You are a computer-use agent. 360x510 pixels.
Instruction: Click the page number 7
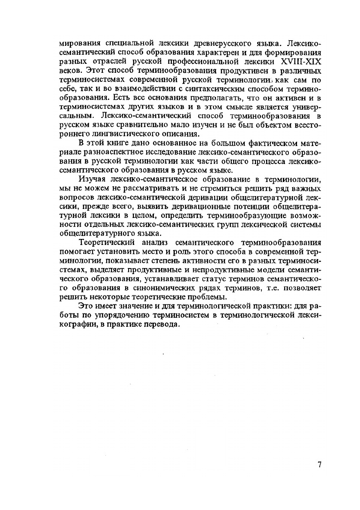coord(319,466)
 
